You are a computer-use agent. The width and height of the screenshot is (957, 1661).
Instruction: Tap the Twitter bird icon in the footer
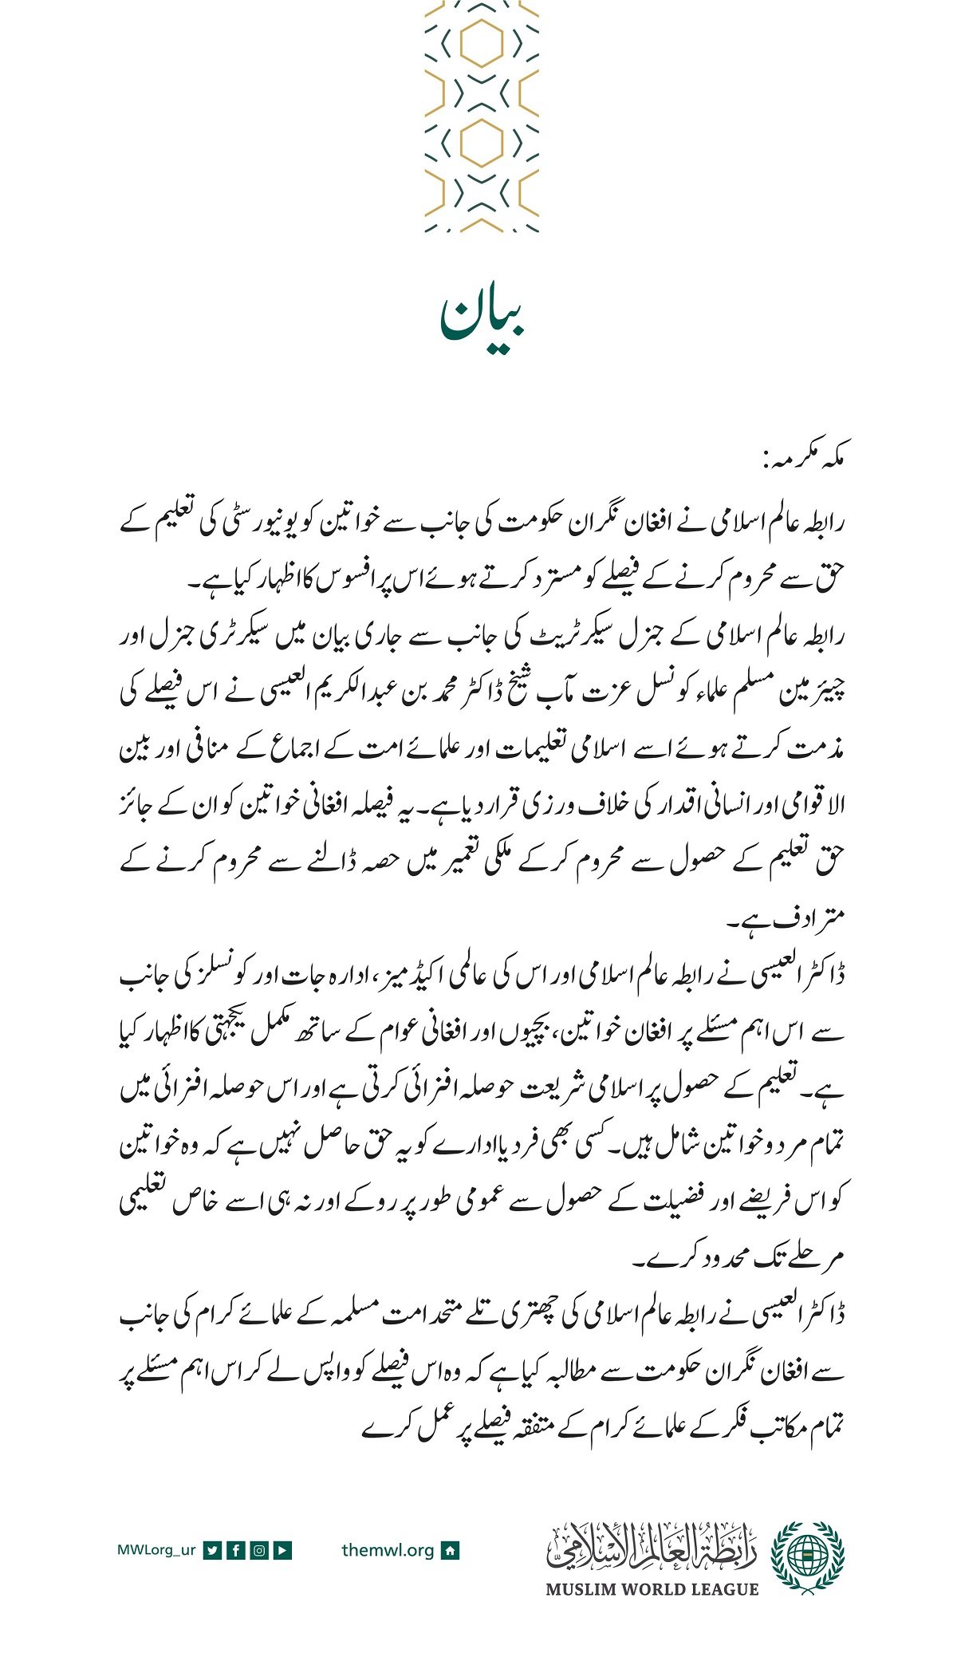pos(212,1550)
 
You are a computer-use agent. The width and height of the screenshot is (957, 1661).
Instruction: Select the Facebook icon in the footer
pos(235,1550)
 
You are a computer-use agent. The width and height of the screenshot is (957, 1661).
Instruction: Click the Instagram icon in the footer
pos(259,1550)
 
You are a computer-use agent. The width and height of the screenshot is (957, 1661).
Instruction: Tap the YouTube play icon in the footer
pos(282,1550)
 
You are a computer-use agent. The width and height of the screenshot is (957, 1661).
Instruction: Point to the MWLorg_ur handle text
pos(156,1550)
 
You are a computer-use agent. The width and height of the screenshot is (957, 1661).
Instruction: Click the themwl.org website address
pos(388,1550)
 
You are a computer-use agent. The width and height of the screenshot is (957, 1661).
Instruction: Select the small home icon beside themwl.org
pos(451,1550)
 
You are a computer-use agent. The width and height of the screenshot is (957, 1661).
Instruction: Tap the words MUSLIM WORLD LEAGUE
pos(652,1588)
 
